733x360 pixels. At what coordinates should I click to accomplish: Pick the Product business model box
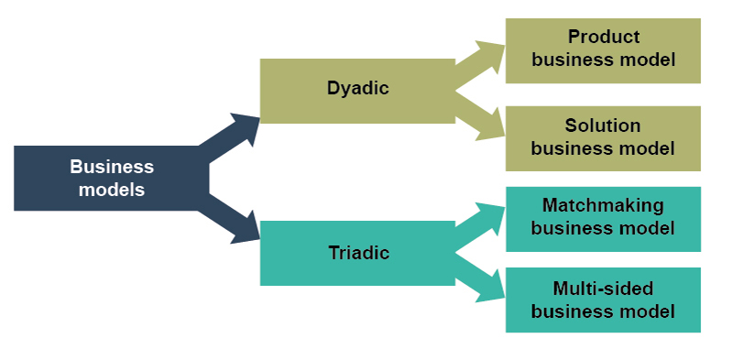(x=603, y=49)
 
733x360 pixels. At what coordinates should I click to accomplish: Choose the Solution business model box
(x=603, y=137)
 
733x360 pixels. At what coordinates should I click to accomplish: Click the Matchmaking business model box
(x=603, y=218)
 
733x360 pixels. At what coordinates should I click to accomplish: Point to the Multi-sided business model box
(x=603, y=300)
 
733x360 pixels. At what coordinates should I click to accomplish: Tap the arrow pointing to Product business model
(x=481, y=62)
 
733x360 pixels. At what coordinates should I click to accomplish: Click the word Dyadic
(x=357, y=89)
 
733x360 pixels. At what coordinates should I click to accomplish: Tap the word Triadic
(x=357, y=253)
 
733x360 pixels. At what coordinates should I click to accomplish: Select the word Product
(x=603, y=38)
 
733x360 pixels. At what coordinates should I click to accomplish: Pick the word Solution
(x=603, y=125)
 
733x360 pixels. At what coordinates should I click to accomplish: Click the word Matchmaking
(x=603, y=206)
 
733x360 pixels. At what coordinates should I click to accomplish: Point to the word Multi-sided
(x=603, y=289)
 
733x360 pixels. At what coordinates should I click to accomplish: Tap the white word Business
(x=112, y=167)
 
